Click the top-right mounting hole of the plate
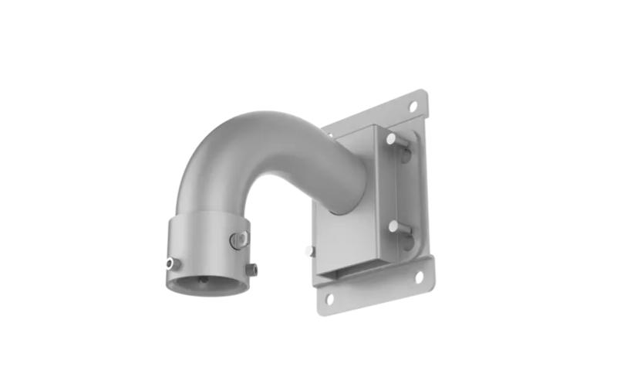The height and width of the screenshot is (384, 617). tap(413, 105)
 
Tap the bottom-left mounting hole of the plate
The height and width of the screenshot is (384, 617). tap(329, 297)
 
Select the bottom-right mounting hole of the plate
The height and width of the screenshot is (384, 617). tap(420, 274)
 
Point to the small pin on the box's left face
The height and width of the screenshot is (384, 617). tap(309, 250)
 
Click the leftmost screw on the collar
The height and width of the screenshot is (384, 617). tap(170, 263)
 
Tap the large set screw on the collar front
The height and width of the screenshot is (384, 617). tap(238, 240)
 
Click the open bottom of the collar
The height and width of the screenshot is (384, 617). tap(207, 283)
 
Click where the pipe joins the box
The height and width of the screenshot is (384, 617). tap(343, 193)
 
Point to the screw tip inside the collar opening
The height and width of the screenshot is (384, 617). tap(202, 280)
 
